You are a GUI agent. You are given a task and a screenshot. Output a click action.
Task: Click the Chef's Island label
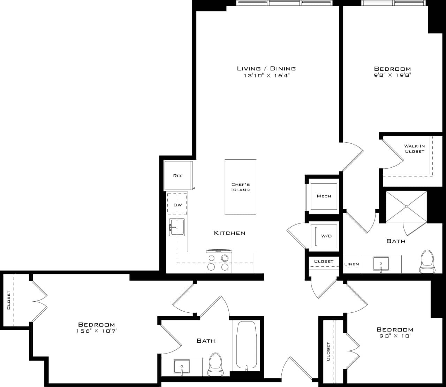(240, 187)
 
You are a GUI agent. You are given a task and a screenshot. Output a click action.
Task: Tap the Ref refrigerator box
(178, 176)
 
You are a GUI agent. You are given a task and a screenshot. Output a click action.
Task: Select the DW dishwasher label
(177, 205)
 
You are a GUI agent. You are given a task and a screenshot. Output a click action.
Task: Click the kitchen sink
(177, 227)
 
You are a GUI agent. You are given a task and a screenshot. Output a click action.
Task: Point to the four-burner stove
(219, 262)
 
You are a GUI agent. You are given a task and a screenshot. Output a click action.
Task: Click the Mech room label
(324, 196)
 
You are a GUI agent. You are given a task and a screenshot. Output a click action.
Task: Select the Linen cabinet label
(351, 264)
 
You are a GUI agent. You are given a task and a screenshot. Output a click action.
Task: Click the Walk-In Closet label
(414, 149)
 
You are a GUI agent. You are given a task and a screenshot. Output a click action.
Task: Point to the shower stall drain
(406, 206)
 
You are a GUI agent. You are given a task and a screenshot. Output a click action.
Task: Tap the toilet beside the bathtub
(215, 364)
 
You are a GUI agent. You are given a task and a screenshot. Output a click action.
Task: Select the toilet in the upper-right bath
(427, 262)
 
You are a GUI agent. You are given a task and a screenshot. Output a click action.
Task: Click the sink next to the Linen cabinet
(380, 264)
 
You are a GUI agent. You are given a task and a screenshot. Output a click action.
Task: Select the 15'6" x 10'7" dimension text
(97, 331)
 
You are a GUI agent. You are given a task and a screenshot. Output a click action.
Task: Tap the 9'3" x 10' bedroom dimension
(395, 336)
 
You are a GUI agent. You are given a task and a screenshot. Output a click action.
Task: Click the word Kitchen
(229, 233)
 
